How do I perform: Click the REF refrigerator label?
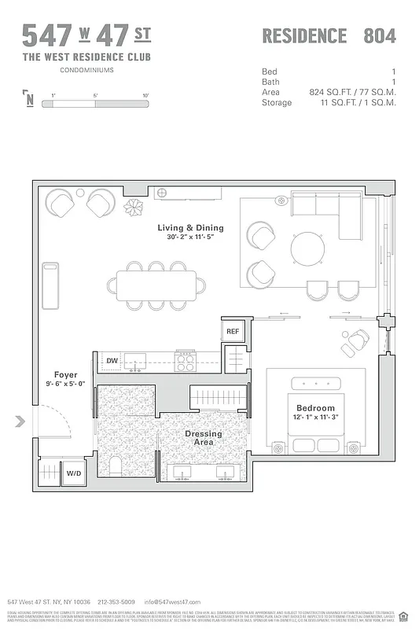pyautogui.click(x=233, y=332)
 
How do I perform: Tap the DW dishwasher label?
pyautogui.click(x=112, y=361)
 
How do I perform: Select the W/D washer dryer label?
pyautogui.click(x=74, y=473)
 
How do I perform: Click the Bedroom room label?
pyautogui.click(x=315, y=408)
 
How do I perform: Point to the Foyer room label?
pyautogui.click(x=65, y=374)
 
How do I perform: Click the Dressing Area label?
pyautogui.click(x=204, y=438)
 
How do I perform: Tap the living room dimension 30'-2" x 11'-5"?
pyautogui.click(x=194, y=237)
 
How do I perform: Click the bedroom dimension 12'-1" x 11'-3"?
pyautogui.click(x=315, y=418)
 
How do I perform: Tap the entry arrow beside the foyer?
pyautogui.click(x=20, y=422)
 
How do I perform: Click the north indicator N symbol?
pyautogui.click(x=29, y=99)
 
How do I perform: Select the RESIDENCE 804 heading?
pyautogui.click(x=329, y=35)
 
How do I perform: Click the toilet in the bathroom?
pyautogui.click(x=115, y=465)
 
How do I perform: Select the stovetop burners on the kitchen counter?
pyautogui.click(x=185, y=362)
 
